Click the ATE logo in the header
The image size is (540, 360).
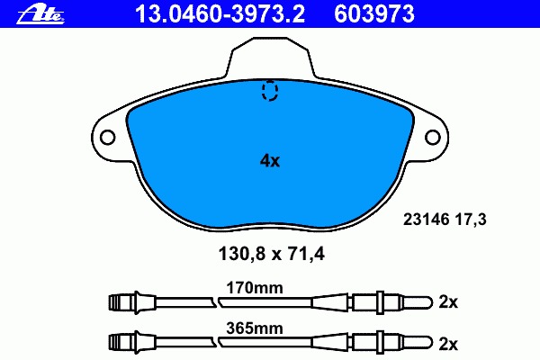tap(40, 14)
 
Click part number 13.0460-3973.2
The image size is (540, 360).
tap(220, 14)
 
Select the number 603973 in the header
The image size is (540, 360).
tap(374, 14)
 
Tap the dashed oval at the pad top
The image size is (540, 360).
tap(270, 90)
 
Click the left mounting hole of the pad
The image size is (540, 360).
tap(107, 138)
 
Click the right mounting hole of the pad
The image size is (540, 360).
tap(433, 138)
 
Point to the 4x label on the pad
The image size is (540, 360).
tap(270, 160)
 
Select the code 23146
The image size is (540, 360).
tap(427, 219)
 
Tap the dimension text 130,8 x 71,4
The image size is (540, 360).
tap(272, 254)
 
